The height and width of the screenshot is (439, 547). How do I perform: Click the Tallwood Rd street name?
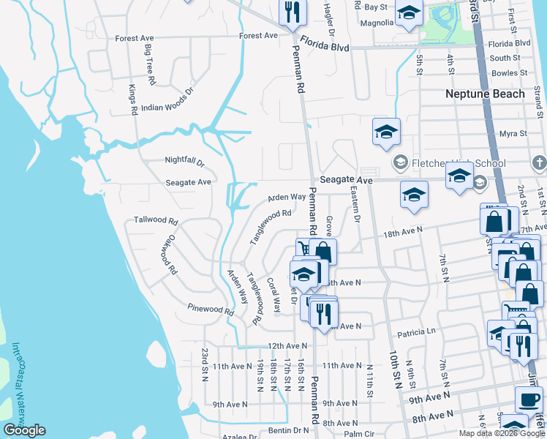tap(156, 220)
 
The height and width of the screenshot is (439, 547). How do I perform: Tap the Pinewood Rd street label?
tap(210, 309)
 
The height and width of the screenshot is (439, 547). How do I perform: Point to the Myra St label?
tap(513, 134)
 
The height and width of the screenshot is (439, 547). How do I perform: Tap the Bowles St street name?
tap(510, 73)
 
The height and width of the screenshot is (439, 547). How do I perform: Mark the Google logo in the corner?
tap(24, 430)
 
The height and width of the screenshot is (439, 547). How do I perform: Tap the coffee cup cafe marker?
tap(529, 399)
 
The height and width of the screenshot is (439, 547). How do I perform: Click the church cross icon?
tap(539, 162)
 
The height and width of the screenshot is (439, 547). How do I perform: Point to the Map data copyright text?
tap(502, 433)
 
